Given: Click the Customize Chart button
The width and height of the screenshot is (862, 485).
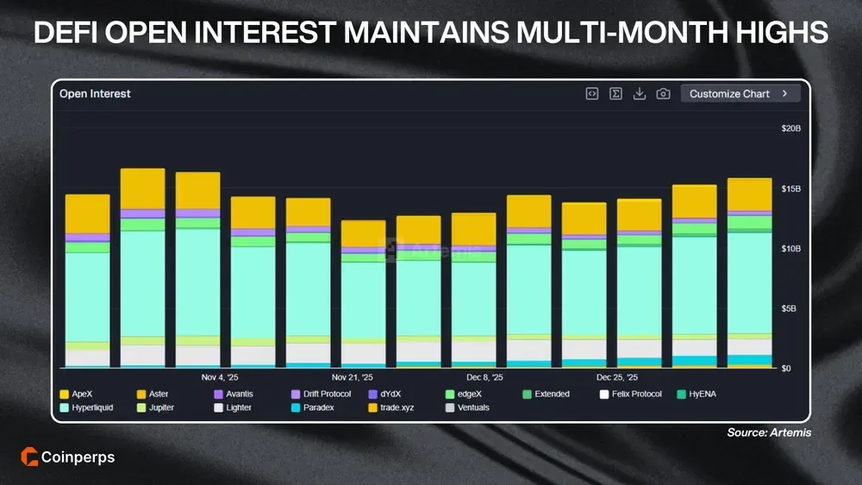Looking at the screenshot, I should click(x=740, y=94).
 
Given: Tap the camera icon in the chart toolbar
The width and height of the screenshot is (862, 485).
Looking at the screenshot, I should click(x=663, y=94).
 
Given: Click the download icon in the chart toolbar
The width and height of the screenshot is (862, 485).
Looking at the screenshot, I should click(x=640, y=94).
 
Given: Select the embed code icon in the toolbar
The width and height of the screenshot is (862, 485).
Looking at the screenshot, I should click(x=592, y=94).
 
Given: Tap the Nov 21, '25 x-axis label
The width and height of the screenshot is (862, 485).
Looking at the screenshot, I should click(x=353, y=377).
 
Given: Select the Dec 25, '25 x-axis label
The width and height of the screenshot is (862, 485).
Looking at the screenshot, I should click(x=617, y=377).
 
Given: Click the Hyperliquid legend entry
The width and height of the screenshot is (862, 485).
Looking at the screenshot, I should click(x=93, y=407).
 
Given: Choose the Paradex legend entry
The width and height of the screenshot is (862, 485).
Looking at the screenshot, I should click(x=317, y=407).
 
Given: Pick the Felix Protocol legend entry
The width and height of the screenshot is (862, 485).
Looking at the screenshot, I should click(x=631, y=394).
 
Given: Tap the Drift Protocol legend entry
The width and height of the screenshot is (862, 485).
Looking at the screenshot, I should click(x=327, y=394).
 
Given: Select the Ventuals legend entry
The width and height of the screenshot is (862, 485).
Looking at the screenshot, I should click(x=472, y=407).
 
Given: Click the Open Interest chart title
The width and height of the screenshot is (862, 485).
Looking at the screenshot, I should click(x=95, y=94).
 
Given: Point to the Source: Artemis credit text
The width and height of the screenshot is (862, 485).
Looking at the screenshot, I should click(x=769, y=432).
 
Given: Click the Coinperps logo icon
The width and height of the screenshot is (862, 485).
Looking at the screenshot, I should click(x=27, y=457).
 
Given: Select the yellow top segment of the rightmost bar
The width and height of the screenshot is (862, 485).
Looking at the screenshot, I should click(x=749, y=195).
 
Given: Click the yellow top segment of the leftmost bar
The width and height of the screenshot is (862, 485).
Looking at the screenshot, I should click(x=87, y=214).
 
